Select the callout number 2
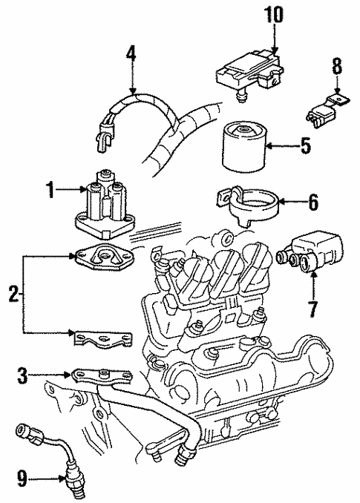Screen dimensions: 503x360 (12, 295)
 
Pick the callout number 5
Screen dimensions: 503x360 (306, 147)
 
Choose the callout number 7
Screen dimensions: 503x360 (312, 307)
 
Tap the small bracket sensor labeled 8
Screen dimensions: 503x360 (325, 105)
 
